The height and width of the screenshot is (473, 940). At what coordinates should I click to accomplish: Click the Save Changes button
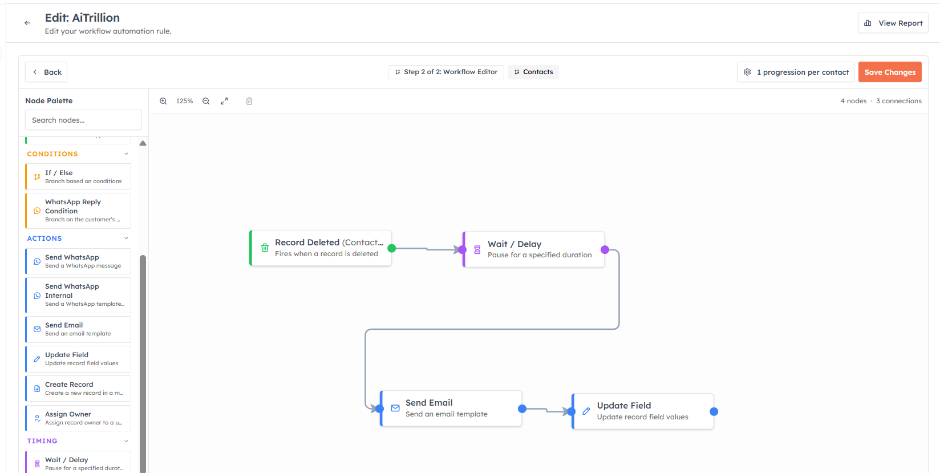pos(890,72)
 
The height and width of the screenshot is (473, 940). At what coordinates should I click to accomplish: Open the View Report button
pos(893,23)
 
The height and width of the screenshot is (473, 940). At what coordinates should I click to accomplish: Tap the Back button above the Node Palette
pos(46,72)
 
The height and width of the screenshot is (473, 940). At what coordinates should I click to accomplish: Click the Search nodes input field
pos(83,120)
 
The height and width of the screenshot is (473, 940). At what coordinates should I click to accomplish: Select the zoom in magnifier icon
pos(163,101)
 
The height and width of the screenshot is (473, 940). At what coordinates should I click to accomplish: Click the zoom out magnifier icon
pos(206,101)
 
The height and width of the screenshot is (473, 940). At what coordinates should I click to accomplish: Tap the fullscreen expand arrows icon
pos(225,101)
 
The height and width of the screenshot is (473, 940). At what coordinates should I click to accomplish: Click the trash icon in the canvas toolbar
pos(249,101)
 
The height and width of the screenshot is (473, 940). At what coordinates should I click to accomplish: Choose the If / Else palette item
pos(78,177)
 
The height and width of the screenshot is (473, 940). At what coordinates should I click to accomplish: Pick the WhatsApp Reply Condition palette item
pos(78,211)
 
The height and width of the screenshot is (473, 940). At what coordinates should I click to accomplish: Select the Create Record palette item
pos(78,388)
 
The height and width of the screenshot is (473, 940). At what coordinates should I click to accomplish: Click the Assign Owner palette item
pos(78,418)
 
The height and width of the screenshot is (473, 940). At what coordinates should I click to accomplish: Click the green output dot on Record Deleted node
pos(391,248)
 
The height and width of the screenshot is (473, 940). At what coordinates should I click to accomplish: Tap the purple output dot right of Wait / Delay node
pos(605,250)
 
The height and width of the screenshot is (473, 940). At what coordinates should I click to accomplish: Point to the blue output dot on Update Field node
pos(714,412)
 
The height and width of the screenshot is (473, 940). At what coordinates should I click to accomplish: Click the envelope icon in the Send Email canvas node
pos(395,408)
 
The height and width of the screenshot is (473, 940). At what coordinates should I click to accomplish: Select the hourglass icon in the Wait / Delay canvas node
pos(477,250)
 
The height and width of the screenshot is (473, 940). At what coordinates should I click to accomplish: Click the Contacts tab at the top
pos(533,72)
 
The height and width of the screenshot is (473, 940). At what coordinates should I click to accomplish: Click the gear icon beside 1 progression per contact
pos(747,72)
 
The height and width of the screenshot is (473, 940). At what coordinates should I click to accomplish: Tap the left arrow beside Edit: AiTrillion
pos(27,23)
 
